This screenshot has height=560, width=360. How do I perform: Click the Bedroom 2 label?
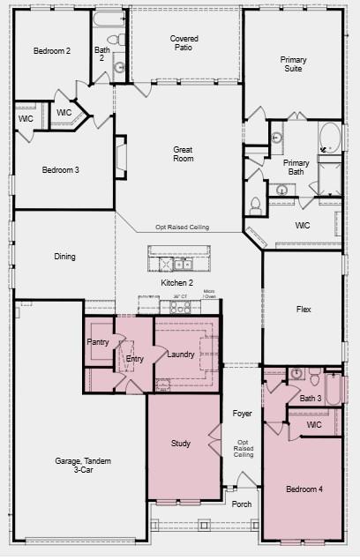pos(51,51)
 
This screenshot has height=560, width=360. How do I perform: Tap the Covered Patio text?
pos(184,44)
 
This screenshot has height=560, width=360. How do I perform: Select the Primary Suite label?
pos(293,65)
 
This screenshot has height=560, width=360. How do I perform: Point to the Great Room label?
pos(183,155)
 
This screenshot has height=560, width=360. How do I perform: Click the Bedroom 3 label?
pos(61,169)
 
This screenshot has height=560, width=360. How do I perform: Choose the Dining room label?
pos(64,257)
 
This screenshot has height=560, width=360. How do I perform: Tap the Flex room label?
pos(304,310)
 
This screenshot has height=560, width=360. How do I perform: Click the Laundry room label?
pos(181,355)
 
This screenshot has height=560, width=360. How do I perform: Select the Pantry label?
pos(97,341)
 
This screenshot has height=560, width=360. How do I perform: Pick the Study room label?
pos(181,444)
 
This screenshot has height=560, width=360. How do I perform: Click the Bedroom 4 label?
pos(304,489)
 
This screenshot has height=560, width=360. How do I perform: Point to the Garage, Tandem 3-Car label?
pos(83,466)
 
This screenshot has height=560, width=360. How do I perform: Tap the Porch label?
pos(241,504)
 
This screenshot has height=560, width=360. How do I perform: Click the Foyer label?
pos(242,414)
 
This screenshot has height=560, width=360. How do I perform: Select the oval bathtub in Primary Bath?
pos(329,138)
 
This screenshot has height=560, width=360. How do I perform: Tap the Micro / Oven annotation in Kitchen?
pos(209,295)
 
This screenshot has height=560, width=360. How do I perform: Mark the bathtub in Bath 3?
pos(335,389)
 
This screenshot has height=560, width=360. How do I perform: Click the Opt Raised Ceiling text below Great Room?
pos(183,228)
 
